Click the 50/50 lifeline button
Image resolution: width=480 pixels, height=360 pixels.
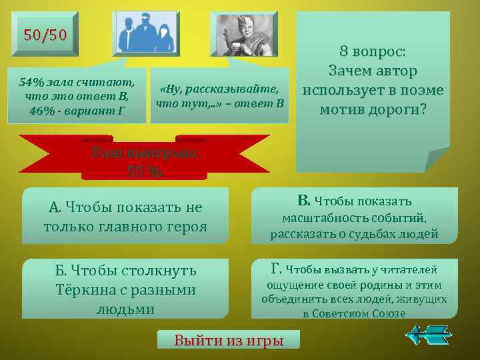(45, 35)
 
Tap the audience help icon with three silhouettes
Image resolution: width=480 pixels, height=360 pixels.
(146, 33)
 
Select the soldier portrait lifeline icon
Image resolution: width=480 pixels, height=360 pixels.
(243, 34)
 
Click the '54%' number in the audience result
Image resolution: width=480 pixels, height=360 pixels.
(31, 83)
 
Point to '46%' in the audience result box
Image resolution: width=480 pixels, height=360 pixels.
(43, 109)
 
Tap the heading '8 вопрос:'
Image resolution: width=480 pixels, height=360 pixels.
(372, 52)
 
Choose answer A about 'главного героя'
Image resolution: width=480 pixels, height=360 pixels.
(125, 217)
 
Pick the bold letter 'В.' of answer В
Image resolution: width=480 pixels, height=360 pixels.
(303, 200)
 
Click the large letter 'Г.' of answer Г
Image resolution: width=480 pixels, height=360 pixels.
(278, 269)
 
